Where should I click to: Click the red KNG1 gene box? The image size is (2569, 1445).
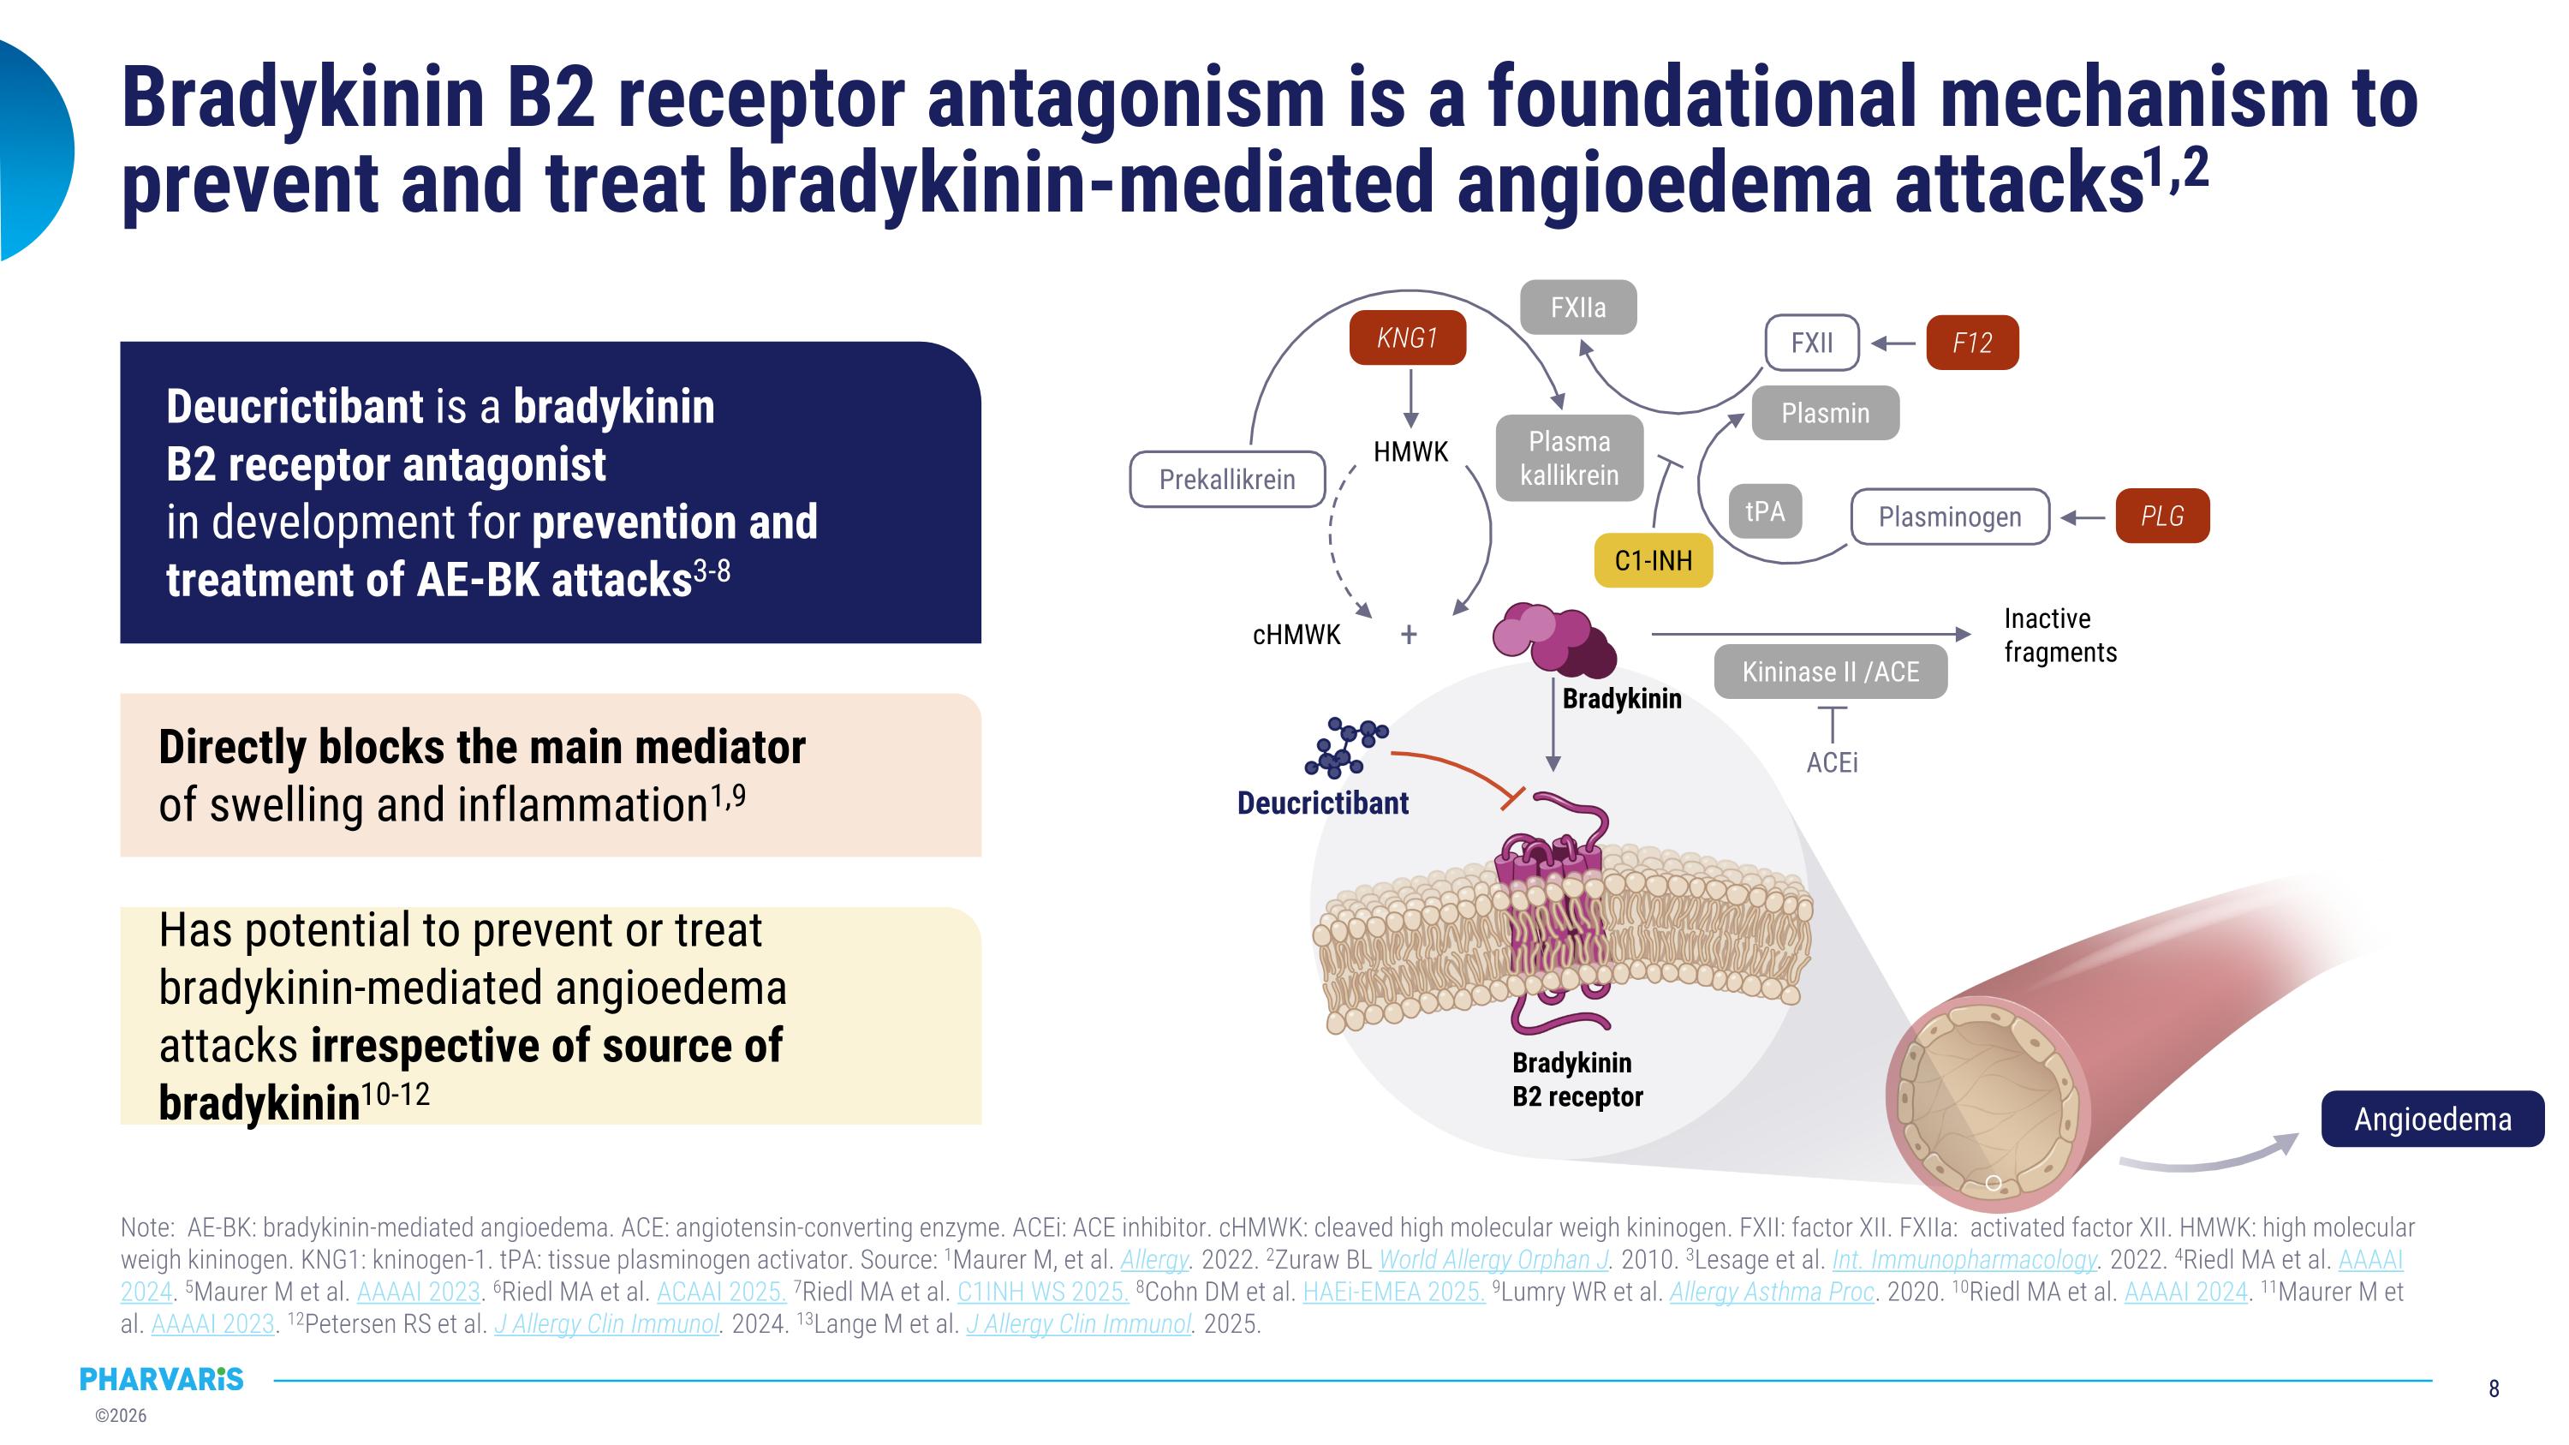coord(1406,338)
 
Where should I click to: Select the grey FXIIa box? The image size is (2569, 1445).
coord(1577,308)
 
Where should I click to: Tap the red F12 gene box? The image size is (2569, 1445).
coord(1971,343)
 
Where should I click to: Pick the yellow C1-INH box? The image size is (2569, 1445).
coord(1653,560)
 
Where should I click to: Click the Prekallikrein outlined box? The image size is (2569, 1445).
coord(1226,480)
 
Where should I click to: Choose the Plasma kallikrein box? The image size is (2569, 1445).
coord(1569,457)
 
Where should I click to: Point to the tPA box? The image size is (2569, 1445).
coord(1764,511)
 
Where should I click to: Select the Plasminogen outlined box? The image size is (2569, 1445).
coord(1949,516)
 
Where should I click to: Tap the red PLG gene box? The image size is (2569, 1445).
coord(2161,516)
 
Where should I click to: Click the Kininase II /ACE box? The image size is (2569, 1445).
coord(1830,672)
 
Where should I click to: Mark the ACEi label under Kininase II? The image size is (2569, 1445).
coord(1832,763)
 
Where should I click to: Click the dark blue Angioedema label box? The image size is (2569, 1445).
coord(2431,1119)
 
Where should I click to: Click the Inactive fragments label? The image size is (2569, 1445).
coord(2059,636)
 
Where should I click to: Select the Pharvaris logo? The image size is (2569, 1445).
coord(162,1379)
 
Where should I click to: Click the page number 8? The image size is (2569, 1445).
coord(2493,1388)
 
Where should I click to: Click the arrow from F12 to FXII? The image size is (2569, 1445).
coord(1892,343)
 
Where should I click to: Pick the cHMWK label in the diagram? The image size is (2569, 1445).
coord(1296,634)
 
